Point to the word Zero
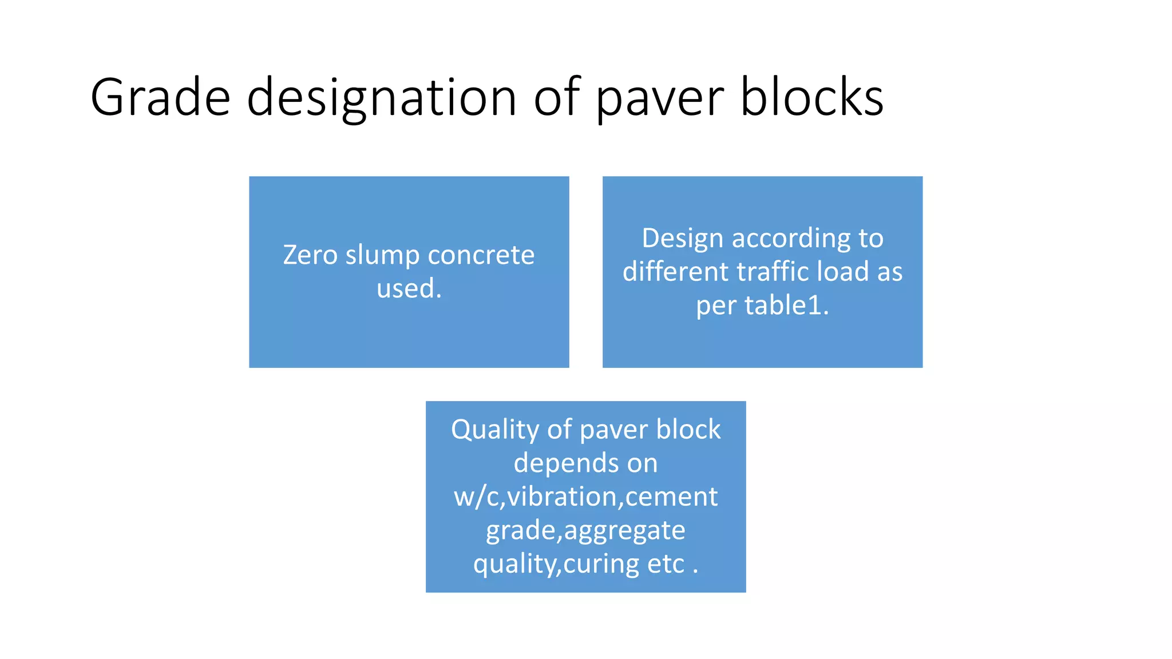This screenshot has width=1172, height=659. point(310,255)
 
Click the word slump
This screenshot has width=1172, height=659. point(383,255)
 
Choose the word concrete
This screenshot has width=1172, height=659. point(481,255)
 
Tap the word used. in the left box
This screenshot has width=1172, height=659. point(409,288)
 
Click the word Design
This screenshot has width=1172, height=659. point(682,239)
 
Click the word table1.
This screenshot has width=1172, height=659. point(787,305)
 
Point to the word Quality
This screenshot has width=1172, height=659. point(494,430)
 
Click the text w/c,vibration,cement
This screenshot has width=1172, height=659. point(585,497)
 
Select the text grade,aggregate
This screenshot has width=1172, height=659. point(585,530)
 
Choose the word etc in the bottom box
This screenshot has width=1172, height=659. point(666,564)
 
